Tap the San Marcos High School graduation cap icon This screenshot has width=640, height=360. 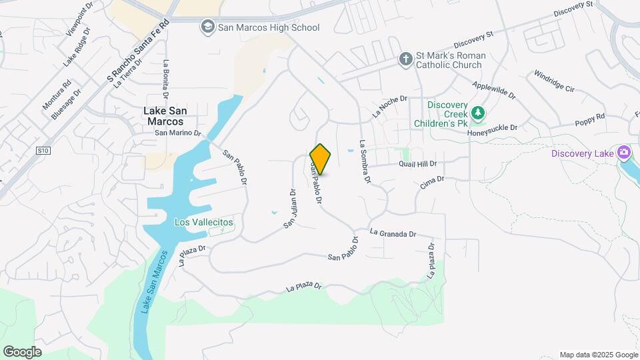[207, 27]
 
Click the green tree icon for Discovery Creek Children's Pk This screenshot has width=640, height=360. [477, 114]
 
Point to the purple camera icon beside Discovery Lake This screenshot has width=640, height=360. [624, 153]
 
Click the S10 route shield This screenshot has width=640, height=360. [43, 151]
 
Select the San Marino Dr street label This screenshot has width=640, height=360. [178, 133]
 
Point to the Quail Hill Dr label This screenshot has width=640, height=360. [418, 163]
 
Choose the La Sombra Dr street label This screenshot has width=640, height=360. [364, 161]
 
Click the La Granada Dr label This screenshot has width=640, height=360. [393, 234]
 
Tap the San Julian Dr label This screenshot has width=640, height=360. [289, 209]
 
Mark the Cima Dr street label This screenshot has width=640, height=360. [432, 183]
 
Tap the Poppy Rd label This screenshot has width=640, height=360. [590, 121]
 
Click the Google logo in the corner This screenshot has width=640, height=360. [22, 351]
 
